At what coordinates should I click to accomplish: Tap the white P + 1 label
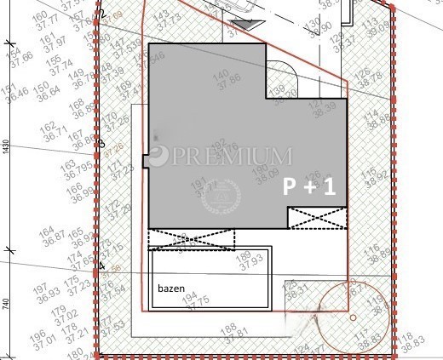coord(309,187)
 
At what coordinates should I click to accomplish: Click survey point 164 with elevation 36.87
coord(48,236)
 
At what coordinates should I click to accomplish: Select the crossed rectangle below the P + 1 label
coord(317,218)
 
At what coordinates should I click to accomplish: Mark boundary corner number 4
coord(102,266)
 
